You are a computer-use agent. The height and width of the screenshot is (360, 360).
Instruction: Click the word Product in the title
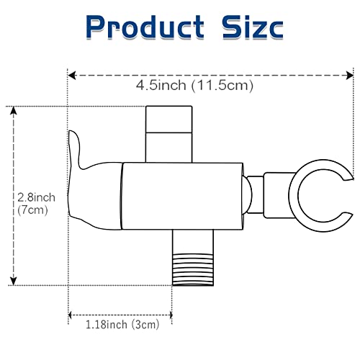pyautogui.click(x=145, y=27)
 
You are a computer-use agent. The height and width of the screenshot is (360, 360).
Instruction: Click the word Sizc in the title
pyautogui.click(x=253, y=27)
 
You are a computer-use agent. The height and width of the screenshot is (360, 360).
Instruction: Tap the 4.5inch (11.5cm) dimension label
pyautogui.click(x=194, y=85)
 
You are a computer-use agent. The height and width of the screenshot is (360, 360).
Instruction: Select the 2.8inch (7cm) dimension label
pyautogui.click(x=36, y=204)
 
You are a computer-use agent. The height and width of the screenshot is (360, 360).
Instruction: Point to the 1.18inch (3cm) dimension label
pyautogui.click(x=122, y=325)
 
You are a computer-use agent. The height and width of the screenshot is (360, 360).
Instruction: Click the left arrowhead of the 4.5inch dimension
pyautogui.click(x=72, y=76)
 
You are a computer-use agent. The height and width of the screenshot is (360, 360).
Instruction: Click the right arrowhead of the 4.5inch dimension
pyautogui.click(x=349, y=76)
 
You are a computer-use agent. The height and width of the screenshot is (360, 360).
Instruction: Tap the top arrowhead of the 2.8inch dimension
pyautogui.click(x=14, y=111)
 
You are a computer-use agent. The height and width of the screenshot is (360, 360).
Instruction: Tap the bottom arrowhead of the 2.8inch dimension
pyautogui.click(x=14, y=281)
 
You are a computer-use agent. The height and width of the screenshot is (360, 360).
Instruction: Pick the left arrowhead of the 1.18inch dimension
pyautogui.click(x=70, y=315)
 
